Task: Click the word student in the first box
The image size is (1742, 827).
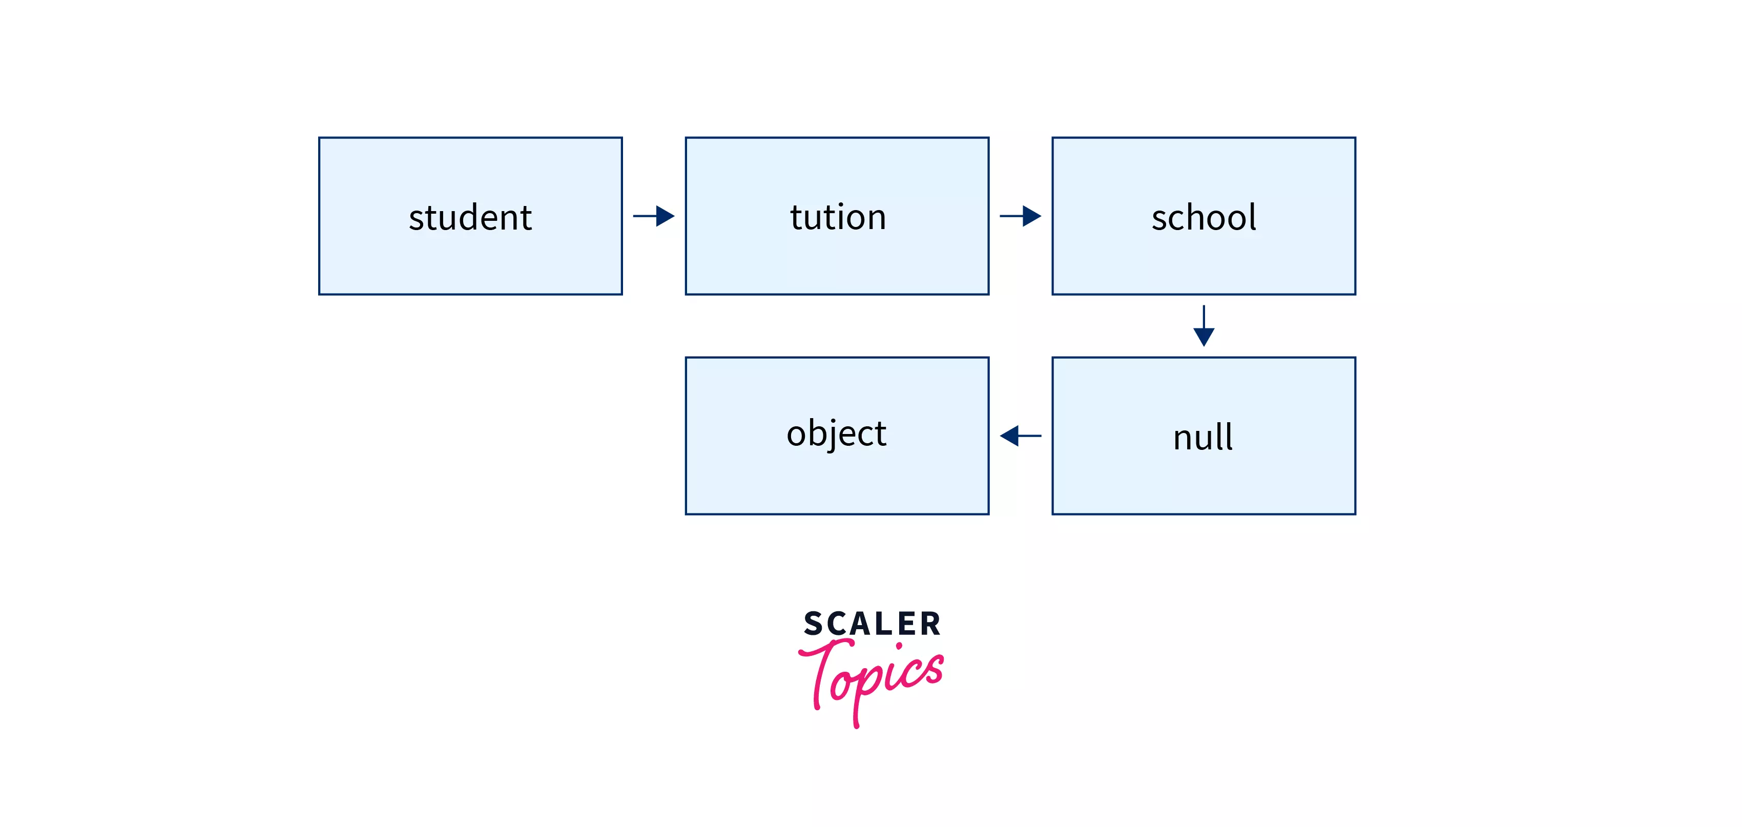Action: [x=470, y=218]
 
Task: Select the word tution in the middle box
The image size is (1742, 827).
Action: [x=837, y=218]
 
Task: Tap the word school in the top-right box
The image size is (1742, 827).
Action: [x=1204, y=218]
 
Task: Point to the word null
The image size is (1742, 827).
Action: [x=1202, y=437]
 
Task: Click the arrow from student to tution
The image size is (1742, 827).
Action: [x=653, y=216]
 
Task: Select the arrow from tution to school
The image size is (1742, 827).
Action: [x=1020, y=216]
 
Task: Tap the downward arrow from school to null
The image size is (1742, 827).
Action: [x=1204, y=325]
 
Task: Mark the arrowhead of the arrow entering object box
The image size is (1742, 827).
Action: [x=1009, y=436]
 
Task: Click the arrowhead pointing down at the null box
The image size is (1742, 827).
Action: [x=1204, y=337]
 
